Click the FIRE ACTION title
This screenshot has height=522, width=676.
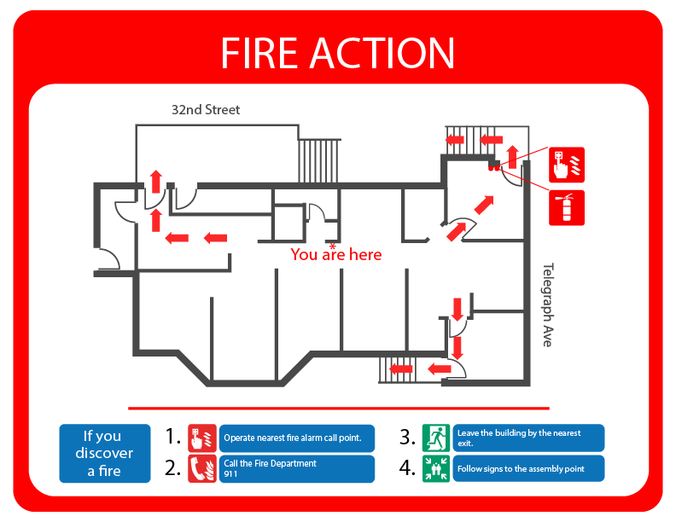(x=337, y=53)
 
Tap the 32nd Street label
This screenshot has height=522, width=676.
(x=206, y=110)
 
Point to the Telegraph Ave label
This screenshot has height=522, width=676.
(x=547, y=304)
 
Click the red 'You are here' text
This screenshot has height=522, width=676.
(x=336, y=255)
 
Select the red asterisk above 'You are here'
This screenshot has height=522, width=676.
(x=333, y=246)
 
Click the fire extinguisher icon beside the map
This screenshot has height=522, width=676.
(x=567, y=207)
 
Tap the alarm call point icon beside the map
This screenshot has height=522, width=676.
(x=567, y=162)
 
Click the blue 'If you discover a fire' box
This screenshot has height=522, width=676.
(x=103, y=453)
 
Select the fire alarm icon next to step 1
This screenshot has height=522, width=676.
(x=202, y=438)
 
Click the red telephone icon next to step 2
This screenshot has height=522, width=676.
(x=202, y=468)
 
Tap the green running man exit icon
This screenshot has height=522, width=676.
(x=435, y=438)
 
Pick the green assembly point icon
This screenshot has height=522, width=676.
(x=435, y=468)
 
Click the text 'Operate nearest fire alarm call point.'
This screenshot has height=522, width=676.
(x=298, y=438)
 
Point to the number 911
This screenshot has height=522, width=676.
(x=231, y=473)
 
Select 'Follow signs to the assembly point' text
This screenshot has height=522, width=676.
(x=521, y=469)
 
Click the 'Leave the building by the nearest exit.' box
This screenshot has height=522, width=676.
(x=528, y=438)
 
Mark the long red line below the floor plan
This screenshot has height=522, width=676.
(x=339, y=409)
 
